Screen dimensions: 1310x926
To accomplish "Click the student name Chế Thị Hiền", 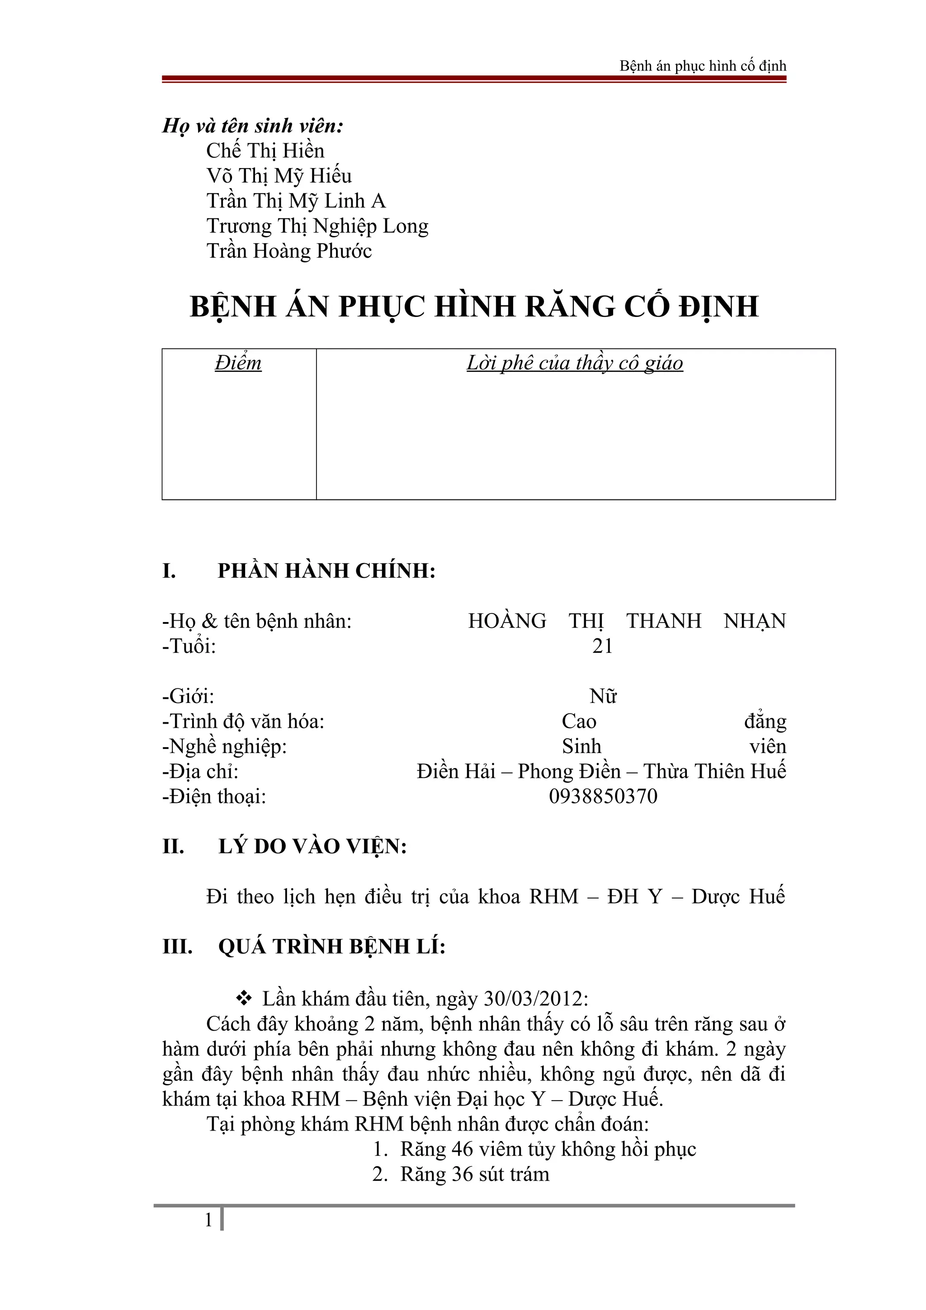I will click(265, 151).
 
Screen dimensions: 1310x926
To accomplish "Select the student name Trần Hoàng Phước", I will click(289, 251).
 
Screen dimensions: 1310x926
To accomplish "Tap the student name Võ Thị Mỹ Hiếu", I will click(279, 176).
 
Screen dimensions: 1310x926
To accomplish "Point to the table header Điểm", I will click(238, 363).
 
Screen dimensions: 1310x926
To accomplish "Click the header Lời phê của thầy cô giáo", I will click(575, 363).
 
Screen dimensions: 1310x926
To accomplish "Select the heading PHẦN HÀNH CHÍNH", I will click(326, 570).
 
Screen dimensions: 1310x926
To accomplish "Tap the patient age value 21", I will click(602, 646).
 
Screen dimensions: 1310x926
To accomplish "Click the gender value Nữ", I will click(603, 696).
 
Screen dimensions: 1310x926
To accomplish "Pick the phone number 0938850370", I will click(603, 796).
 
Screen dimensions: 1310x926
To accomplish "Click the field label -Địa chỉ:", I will click(200, 771).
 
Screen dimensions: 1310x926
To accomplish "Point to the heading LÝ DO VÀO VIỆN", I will click(312, 847).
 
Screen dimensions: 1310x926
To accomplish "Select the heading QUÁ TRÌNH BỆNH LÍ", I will click(331, 947).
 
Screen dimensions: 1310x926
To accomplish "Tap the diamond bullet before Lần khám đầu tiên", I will click(244, 999).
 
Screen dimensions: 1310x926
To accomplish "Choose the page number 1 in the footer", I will click(208, 1220).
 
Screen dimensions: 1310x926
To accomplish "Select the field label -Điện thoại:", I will click(214, 796).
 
